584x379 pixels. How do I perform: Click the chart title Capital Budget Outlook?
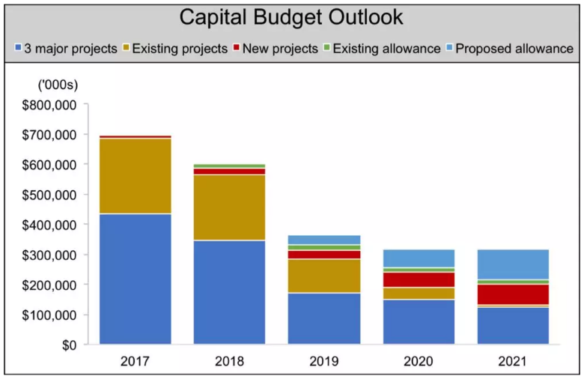coord(292,17)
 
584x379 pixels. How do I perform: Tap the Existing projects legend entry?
coord(175,49)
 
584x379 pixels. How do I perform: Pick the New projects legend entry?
coord(275,49)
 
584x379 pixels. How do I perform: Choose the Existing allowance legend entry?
coord(382,49)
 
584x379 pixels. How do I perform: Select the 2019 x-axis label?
coord(324,362)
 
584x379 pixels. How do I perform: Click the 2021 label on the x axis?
coord(513,362)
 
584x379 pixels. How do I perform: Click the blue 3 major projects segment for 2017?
coord(135,279)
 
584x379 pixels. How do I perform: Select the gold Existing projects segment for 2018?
coord(229,207)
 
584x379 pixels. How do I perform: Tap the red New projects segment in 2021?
coord(513,294)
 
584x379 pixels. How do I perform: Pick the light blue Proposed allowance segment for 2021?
coord(513,264)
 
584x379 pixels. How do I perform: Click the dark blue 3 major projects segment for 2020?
coord(419,322)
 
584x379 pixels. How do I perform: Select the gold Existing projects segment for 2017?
coord(135,176)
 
